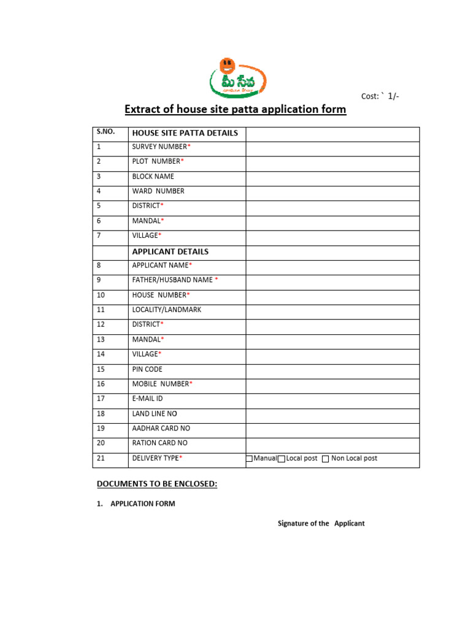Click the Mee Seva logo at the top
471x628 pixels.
click(237, 77)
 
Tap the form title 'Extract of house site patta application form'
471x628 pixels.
click(235, 109)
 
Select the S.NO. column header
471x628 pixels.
click(106, 132)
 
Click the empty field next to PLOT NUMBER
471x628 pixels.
click(332, 162)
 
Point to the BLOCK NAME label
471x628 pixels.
click(153, 177)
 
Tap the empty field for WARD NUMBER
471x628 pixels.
click(332, 191)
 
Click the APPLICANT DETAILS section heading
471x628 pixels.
click(170, 251)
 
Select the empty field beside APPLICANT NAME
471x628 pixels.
click(332, 266)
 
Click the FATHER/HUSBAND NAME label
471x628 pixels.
click(174, 280)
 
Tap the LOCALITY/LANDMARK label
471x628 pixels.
click(166, 310)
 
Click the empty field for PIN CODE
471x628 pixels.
click(332, 370)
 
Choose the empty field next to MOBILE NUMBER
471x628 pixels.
click(332, 385)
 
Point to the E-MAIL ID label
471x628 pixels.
click(148, 399)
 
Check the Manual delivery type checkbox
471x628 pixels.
click(250, 459)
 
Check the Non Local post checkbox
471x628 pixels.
click(325, 459)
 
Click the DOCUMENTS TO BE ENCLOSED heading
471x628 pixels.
click(157, 484)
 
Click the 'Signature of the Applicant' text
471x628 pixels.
click(321, 524)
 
